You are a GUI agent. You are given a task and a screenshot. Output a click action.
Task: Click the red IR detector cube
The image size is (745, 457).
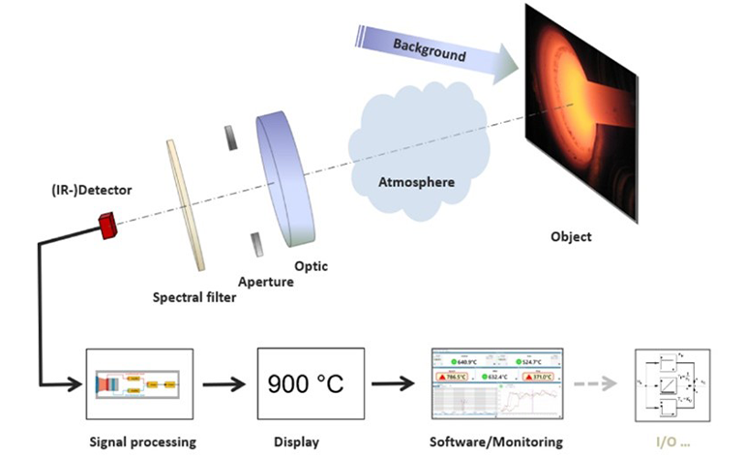(x=107, y=227)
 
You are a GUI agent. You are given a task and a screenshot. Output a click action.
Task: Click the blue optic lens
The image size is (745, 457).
(x=285, y=178)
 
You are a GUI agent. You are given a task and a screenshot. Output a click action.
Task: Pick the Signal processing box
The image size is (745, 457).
(x=141, y=385)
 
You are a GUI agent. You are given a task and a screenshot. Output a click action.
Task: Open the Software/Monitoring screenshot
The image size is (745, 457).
(x=494, y=385)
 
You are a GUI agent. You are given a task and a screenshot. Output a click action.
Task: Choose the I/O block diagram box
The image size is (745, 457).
(x=670, y=385)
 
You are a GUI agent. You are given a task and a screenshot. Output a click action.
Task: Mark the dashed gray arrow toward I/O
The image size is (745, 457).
(x=595, y=385)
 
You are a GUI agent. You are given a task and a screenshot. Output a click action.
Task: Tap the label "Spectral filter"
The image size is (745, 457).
(x=194, y=296)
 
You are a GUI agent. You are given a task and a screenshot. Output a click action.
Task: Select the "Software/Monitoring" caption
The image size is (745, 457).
(x=494, y=442)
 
